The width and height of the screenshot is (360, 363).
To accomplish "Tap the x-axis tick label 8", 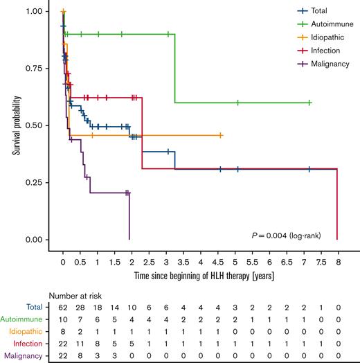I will [337, 263].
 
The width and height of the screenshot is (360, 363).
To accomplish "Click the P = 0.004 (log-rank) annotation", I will [291, 236].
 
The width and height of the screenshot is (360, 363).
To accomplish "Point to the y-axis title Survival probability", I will [15, 125].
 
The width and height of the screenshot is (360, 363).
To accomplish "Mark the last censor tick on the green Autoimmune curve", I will [309, 103].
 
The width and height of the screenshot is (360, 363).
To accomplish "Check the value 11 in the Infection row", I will [80, 345].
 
